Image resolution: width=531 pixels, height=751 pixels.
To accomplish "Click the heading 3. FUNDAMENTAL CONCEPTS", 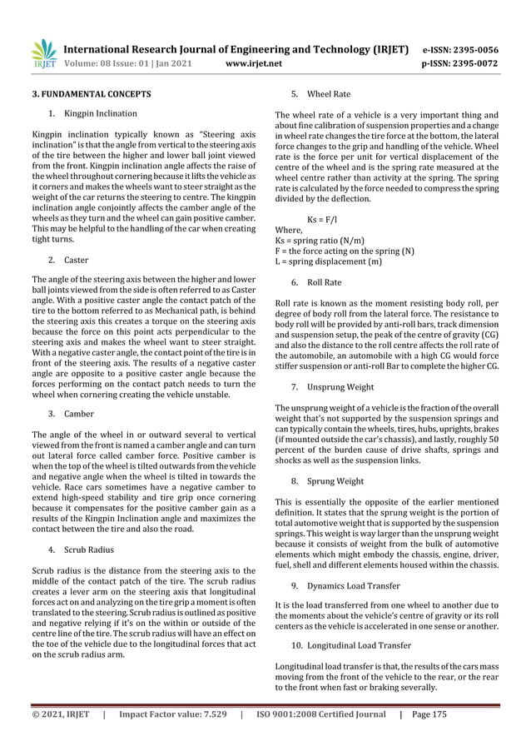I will [92, 94].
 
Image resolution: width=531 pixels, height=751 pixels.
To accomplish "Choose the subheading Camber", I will [79, 413].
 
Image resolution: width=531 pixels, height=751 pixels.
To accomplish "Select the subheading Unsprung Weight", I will [340, 386].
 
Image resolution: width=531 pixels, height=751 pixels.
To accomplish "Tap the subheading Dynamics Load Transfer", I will [353, 585].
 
